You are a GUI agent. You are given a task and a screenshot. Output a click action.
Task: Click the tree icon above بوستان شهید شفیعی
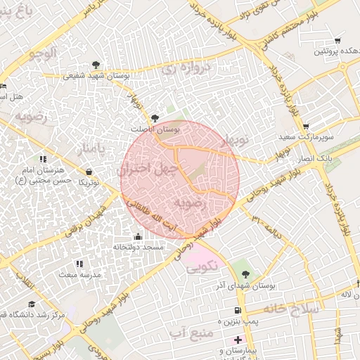(96, 65)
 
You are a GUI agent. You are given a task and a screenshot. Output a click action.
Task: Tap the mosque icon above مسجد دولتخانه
(137, 236)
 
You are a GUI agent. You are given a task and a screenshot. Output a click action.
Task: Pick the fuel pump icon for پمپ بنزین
(238, 311)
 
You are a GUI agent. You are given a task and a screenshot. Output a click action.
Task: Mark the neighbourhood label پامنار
(94, 148)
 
